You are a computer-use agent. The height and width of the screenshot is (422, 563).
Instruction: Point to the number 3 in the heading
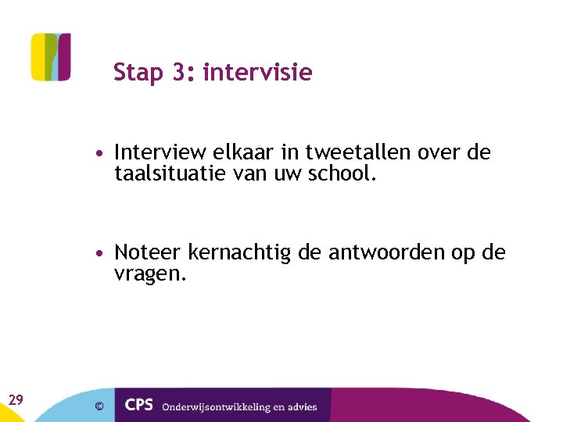click(181, 73)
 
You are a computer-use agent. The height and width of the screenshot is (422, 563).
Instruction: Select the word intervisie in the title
click(257, 73)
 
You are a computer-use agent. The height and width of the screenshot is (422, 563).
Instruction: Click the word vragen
click(150, 274)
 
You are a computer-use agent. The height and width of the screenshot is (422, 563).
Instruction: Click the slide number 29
click(15, 400)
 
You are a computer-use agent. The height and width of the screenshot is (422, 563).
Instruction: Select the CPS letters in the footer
click(138, 406)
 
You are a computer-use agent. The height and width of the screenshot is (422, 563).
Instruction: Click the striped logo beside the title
click(51, 57)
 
